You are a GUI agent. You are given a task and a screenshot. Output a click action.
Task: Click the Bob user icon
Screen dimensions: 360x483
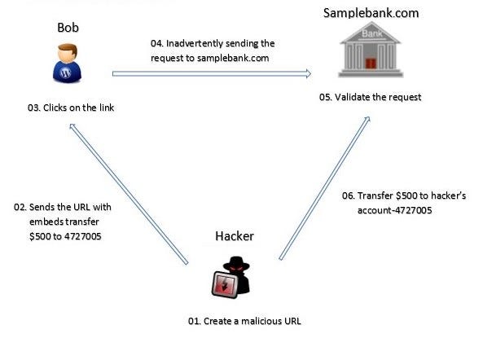[68, 64]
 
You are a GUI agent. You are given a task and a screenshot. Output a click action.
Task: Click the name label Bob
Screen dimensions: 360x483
[68, 27]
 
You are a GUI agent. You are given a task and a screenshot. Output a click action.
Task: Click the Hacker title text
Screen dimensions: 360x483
[234, 236]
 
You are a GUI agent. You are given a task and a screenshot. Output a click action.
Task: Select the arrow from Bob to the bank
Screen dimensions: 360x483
[212, 73]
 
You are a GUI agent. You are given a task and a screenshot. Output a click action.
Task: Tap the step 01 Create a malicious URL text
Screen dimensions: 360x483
[244, 321]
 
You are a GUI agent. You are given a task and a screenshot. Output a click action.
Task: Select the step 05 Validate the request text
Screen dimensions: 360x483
[370, 98]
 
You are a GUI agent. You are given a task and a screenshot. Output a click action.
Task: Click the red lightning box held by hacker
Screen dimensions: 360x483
[222, 285]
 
